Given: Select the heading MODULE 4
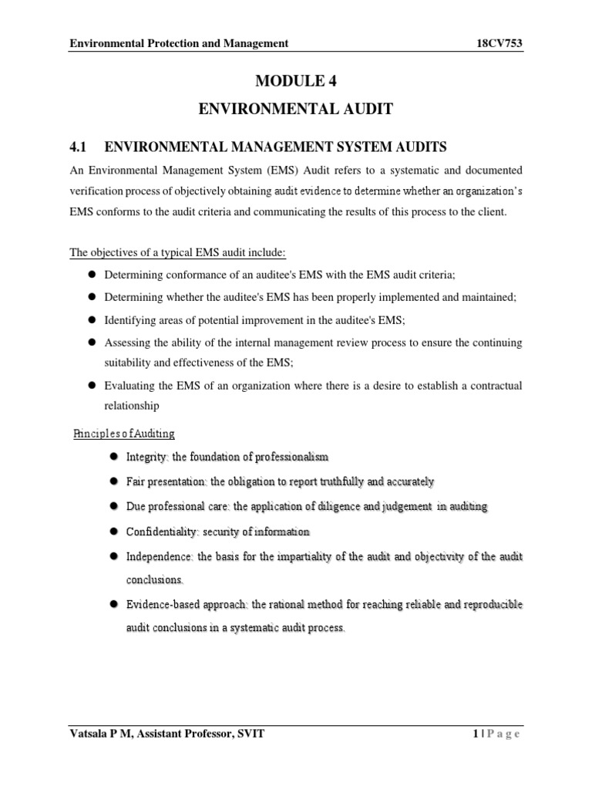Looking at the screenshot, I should tap(296, 80).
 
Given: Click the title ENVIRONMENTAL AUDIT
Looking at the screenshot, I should tap(296, 110).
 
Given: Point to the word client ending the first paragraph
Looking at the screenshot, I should tap(490, 212).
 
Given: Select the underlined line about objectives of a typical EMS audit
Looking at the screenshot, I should tap(178, 253).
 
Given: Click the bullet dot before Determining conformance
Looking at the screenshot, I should tap(90, 275).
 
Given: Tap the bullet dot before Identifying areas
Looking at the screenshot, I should tap(90, 319).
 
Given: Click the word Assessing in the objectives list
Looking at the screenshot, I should tap(129, 341).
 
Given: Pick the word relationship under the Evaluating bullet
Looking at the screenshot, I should tap(132, 405).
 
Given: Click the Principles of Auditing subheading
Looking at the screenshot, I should tap(124, 434).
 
